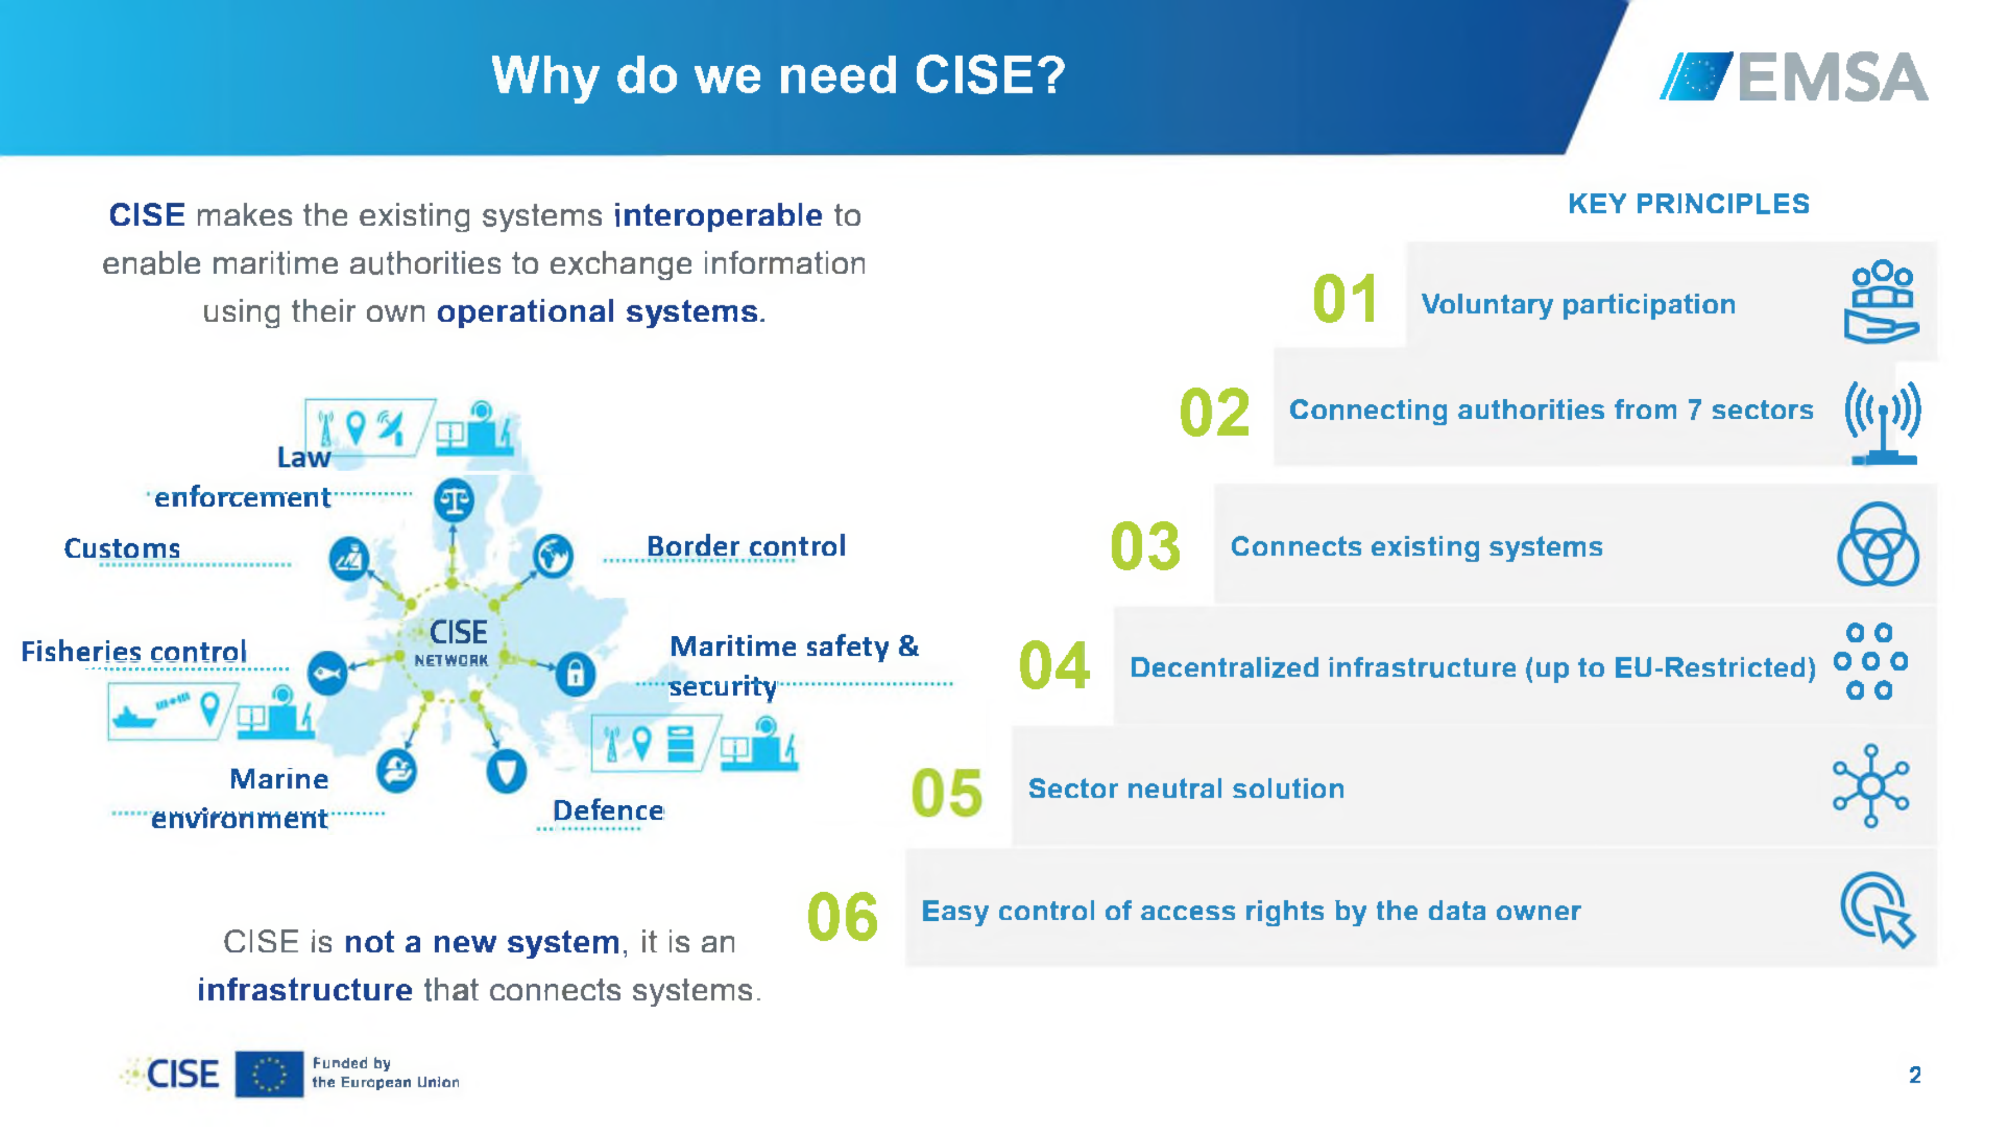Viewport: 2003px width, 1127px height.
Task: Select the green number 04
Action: (1054, 666)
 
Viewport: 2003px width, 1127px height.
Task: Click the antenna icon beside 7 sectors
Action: (1883, 422)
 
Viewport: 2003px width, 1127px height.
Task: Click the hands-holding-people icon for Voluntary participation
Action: (1882, 302)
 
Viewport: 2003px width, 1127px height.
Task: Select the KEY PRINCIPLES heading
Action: (1688, 204)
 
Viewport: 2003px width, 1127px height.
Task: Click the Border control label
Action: (746, 546)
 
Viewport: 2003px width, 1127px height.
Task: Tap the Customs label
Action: (122, 548)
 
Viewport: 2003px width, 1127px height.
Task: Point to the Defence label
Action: (608, 811)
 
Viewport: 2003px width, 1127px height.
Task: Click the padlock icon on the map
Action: (575, 673)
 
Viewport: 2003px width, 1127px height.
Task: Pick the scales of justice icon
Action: (454, 500)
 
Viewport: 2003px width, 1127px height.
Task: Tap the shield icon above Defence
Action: (506, 772)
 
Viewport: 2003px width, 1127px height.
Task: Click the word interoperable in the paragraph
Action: (718, 215)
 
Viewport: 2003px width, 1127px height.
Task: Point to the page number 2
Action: (1914, 1075)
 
